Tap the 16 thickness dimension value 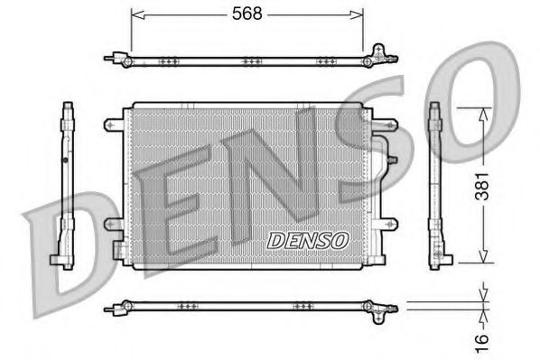(x=483, y=338)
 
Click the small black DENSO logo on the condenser (x=308, y=240)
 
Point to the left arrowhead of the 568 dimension (x=135, y=13)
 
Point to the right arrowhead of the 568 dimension (x=360, y=13)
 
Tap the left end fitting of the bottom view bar (x=114, y=309)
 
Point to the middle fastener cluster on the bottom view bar (x=247, y=307)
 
